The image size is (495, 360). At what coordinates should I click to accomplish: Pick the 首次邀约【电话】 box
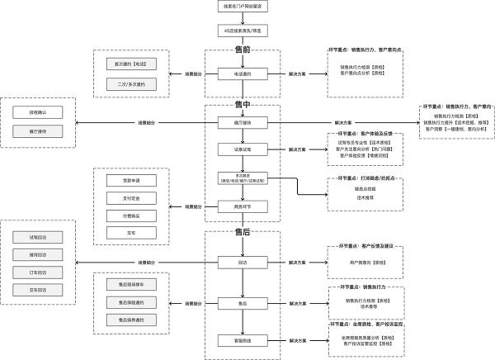130,64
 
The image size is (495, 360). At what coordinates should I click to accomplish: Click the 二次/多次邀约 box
130,83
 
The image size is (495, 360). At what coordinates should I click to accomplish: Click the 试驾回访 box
38,236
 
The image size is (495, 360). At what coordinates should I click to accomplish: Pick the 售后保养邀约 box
130,320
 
